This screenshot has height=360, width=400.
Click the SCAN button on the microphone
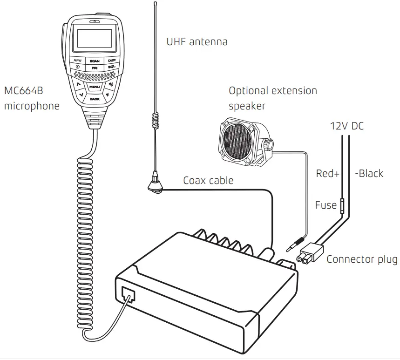click(x=95, y=61)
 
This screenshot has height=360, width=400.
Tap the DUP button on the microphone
click(x=112, y=61)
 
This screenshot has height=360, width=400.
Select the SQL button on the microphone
click(x=112, y=68)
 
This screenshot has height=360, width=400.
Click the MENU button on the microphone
click(x=95, y=87)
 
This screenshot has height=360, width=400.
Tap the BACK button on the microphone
click(x=95, y=99)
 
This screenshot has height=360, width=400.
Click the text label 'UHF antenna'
click(x=197, y=42)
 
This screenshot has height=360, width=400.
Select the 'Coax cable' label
click(x=208, y=180)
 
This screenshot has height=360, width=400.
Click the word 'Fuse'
click(x=325, y=205)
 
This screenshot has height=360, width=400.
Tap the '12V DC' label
click(x=346, y=126)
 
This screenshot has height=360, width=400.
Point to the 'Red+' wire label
click(x=327, y=174)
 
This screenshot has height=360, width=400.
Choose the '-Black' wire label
click(x=369, y=174)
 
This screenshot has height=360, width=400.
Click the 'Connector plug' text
click(x=362, y=259)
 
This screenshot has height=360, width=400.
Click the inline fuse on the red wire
click(x=342, y=205)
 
